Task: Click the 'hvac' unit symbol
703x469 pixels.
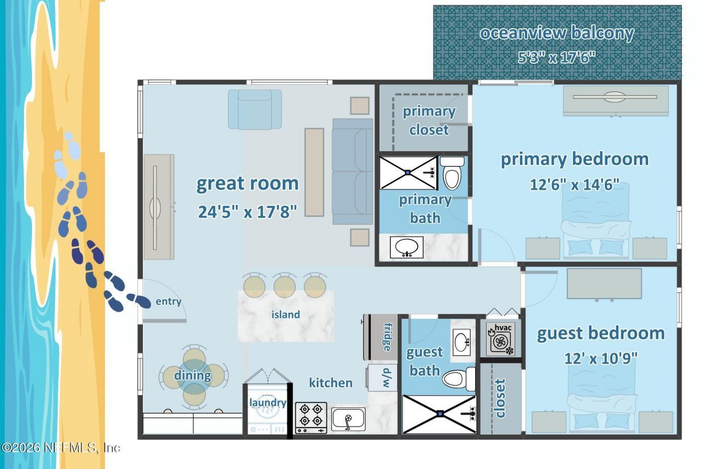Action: click(500, 340)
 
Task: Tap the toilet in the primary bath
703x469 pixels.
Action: click(452, 173)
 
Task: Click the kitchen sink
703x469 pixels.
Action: click(348, 420)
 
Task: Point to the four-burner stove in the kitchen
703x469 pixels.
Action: click(311, 418)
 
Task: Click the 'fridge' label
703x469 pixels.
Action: click(388, 336)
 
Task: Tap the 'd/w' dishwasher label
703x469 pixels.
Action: click(387, 378)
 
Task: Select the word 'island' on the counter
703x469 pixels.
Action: click(286, 314)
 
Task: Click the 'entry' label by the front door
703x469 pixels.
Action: click(169, 301)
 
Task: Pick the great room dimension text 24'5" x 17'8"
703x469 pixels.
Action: click(247, 212)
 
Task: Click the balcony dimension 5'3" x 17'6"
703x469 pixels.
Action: click(556, 57)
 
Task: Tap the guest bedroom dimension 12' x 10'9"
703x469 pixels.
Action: click(601, 358)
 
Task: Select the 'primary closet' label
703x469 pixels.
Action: click(429, 120)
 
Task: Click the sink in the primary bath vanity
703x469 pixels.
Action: click(407, 247)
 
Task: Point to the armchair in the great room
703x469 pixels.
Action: click(255, 109)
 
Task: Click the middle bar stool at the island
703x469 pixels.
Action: click(284, 285)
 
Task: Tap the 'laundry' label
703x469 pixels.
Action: click(267, 402)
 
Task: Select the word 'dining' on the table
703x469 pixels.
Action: click(192, 376)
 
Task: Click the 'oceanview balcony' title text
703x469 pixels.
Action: click(557, 33)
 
